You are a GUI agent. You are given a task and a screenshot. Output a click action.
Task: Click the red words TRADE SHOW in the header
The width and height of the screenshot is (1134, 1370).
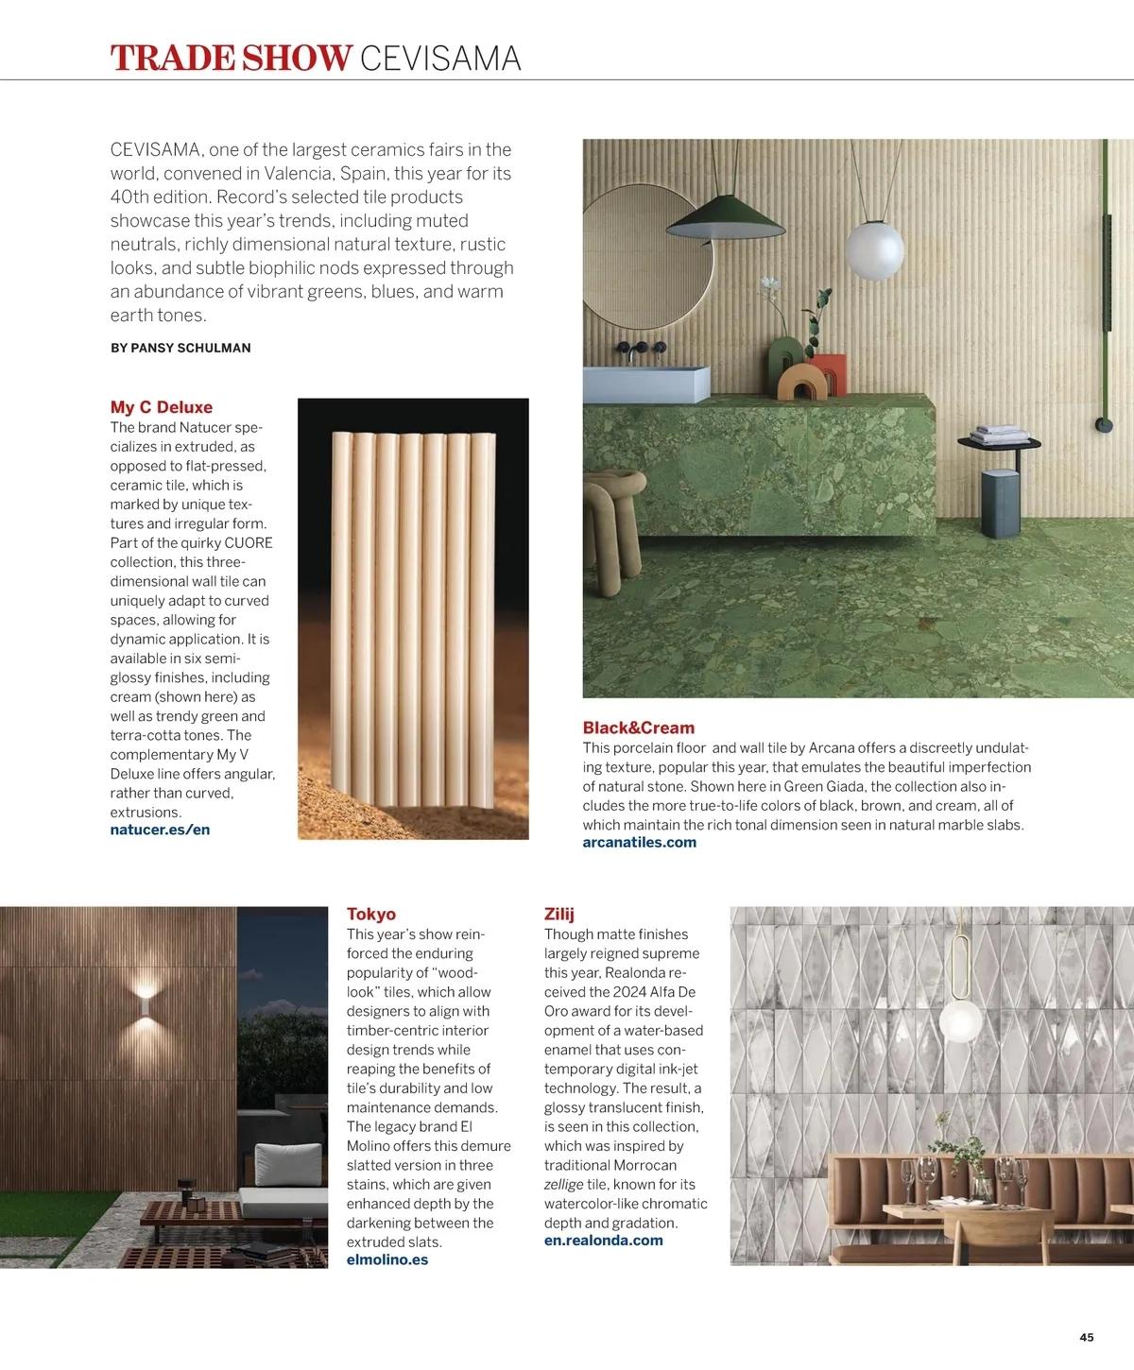pyautogui.click(x=231, y=59)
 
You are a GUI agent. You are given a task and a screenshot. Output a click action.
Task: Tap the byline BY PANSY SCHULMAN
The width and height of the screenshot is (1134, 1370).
pyautogui.click(x=180, y=348)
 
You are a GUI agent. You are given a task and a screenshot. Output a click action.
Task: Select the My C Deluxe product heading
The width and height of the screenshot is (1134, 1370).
pyautogui.click(x=162, y=407)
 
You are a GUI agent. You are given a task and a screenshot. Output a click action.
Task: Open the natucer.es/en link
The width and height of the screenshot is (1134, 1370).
pyautogui.click(x=160, y=830)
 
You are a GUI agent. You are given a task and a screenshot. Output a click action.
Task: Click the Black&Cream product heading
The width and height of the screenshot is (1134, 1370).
pyautogui.click(x=638, y=728)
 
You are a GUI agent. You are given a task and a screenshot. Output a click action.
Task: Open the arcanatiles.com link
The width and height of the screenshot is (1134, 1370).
pyautogui.click(x=639, y=842)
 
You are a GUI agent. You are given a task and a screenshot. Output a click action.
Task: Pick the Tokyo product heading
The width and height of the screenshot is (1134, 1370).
pyautogui.click(x=370, y=914)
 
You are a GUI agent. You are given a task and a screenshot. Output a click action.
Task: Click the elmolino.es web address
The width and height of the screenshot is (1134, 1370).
pyautogui.click(x=387, y=1259)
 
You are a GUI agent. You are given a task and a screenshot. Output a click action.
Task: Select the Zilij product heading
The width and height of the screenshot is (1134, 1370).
pyautogui.click(x=558, y=914)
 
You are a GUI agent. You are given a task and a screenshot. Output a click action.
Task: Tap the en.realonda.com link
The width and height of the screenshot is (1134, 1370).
pyautogui.click(x=603, y=1241)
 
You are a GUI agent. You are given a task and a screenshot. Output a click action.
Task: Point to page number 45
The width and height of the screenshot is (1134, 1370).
pyautogui.click(x=1086, y=1337)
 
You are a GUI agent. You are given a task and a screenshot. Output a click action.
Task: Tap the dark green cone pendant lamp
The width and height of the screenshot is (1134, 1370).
pyautogui.click(x=725, y=220)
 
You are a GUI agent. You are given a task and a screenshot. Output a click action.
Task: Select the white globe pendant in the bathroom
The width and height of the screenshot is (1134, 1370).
pyautogui.click(x=874, y=248)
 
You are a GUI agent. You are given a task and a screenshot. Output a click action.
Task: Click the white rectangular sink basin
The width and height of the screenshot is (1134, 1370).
pyautogui.click(x=645, y=384)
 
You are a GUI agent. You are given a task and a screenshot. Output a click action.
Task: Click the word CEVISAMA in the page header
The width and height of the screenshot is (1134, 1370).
pyautogui.click(x=440, y=59)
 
